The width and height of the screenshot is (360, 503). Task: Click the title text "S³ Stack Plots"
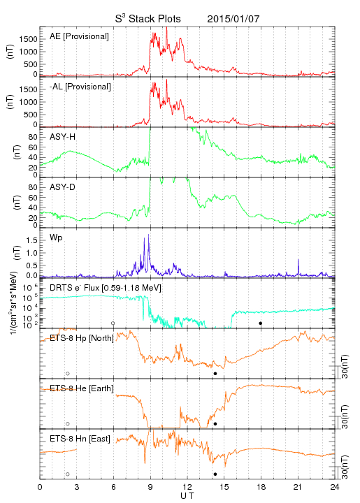click(148, 19)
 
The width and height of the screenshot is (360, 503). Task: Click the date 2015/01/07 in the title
click(233, 19)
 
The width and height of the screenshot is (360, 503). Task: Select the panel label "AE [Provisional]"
click(79, 36)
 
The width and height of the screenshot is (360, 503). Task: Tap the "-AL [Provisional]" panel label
click(80, 87)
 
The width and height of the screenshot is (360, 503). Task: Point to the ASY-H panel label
click(63, 137)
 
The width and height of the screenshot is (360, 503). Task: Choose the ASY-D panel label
click(63, 187)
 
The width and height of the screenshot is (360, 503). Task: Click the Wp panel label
click(56, 238)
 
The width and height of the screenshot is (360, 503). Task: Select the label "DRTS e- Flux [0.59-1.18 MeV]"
click(106, 288)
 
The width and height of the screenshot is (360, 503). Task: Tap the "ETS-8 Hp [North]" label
click(82, 338)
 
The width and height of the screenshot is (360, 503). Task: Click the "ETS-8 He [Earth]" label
click(82, 388)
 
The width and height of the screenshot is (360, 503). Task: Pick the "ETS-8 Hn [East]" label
click(80, 439)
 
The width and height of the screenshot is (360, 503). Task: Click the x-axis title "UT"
click(187, 496)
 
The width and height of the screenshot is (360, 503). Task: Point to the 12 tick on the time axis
click(187, 487)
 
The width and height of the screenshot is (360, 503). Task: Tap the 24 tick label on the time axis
click(335, 487)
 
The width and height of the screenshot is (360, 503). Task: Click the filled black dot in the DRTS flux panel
click(261, 323)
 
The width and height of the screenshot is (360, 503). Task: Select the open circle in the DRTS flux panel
click(113, 323)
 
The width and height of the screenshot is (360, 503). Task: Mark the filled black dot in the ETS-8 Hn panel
click(215, 474)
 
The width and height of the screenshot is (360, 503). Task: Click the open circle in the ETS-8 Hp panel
click(68, 373)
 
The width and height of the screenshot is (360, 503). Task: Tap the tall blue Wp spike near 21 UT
click(298, 266)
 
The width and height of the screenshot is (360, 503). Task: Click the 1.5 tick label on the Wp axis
click(33, 240)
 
